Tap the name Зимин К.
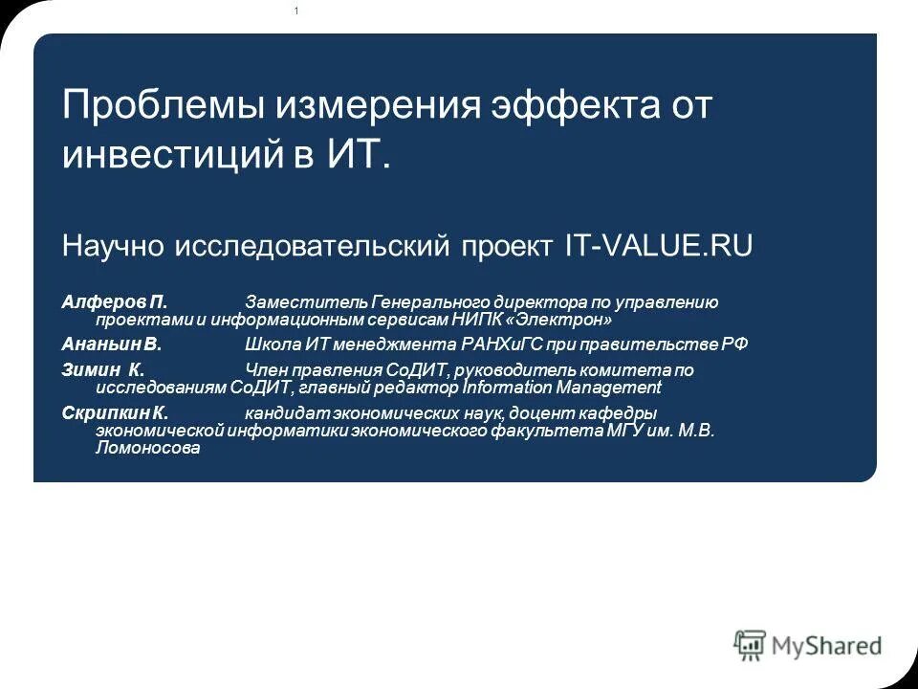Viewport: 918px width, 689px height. coord(103,369)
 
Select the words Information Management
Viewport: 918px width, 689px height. coord(562,388)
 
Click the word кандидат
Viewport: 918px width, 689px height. coord(286,412)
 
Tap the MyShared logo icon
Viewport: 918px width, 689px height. coord(751,644)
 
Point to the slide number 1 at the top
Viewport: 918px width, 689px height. coord(296,11)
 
